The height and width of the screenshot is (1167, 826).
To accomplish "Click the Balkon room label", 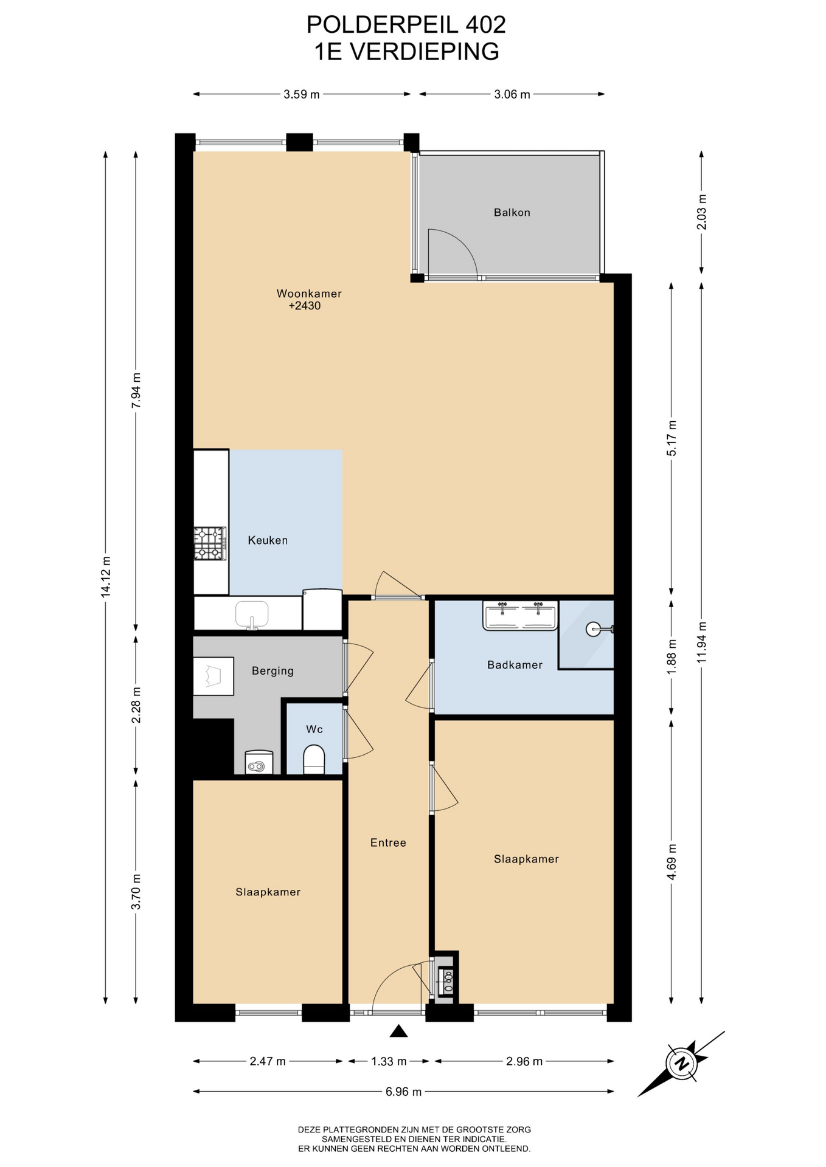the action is (x=512, y=213).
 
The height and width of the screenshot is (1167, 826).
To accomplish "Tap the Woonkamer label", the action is (x=309, y=294).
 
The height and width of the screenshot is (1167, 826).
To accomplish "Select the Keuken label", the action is (x=268, y=540).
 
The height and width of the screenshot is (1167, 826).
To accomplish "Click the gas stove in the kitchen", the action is (x=210, y=543).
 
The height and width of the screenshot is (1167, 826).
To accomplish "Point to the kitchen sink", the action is (x=252, y=614).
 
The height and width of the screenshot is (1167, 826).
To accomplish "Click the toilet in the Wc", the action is (x=314, y=759).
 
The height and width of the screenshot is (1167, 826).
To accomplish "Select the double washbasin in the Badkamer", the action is (x=520, y=615).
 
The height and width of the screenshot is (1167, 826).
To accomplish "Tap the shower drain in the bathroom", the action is (x=594, y=629).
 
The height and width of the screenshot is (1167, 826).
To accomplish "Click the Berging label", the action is (x=272, y=671).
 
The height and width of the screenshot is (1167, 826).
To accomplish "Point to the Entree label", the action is (x=388, y=842).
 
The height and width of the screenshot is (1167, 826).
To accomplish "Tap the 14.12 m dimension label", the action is (x=106, y=577).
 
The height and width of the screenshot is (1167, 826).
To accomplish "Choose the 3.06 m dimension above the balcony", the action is (x=512, y=94).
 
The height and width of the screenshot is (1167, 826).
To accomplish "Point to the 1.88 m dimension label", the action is (x=672, y=656).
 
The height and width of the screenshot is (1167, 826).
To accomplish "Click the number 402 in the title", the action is (x=485, y=24).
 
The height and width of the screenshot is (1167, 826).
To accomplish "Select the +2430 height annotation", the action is (x=304, y=306).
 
